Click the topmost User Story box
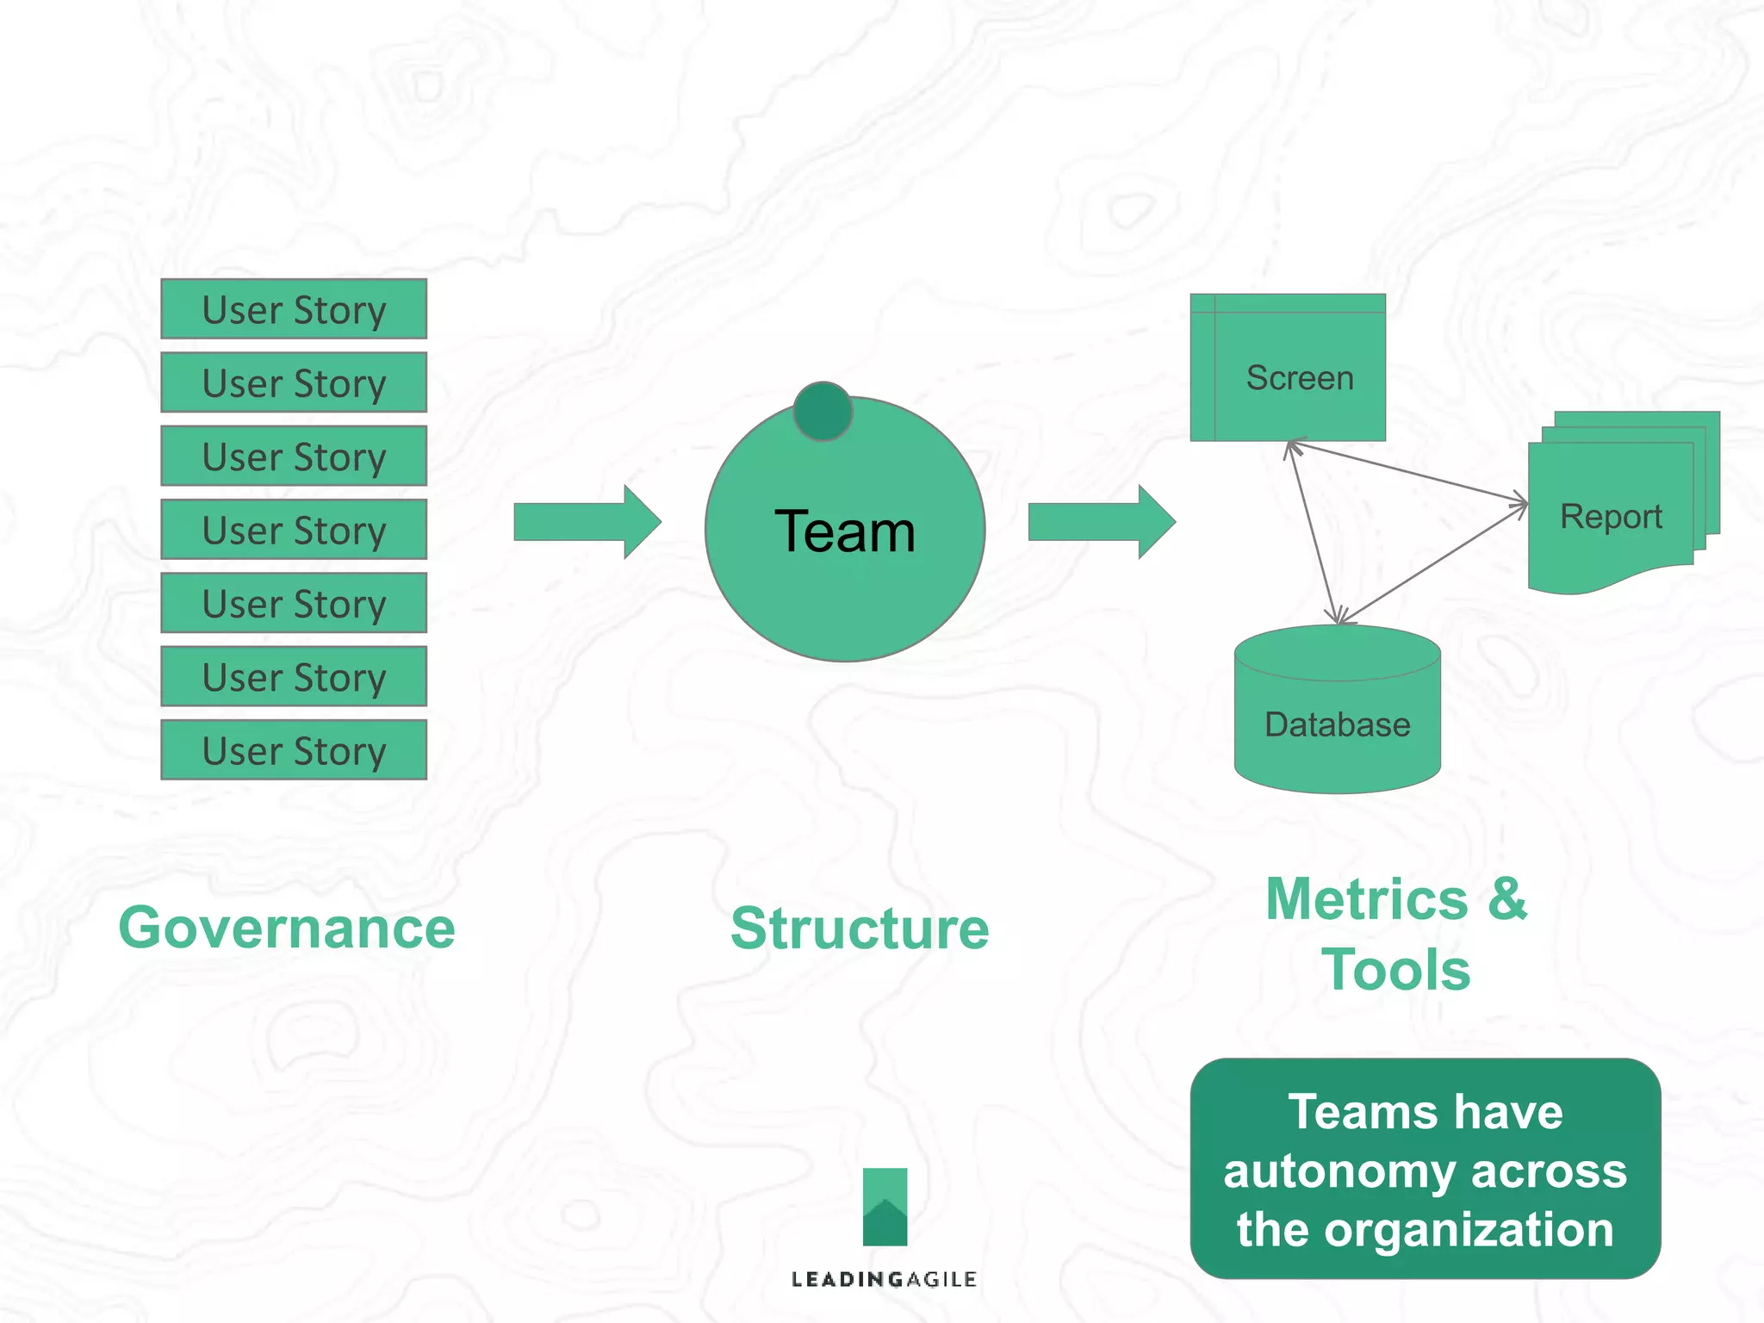[x=294, y=309]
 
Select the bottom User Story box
[x=294, y=750]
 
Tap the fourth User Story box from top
[x=294, y=530]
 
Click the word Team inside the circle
[x=844, y=531]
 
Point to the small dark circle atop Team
[x=823, y=412]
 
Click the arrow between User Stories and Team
[x=587, y=522]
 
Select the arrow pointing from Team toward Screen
[x=1101, y=522]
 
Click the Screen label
[x=1300, y=378]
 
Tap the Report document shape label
[x=1611, y=517]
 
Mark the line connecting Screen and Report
[x=1407, y=472]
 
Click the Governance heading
[x=287, y=929]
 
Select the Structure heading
[x=860, y=929]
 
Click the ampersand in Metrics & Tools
[x=1506, y=899]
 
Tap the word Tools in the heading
[x=1395, y=970]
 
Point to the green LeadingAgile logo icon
[x=885, y=1207]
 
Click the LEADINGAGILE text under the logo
[x=884, y=1280]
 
